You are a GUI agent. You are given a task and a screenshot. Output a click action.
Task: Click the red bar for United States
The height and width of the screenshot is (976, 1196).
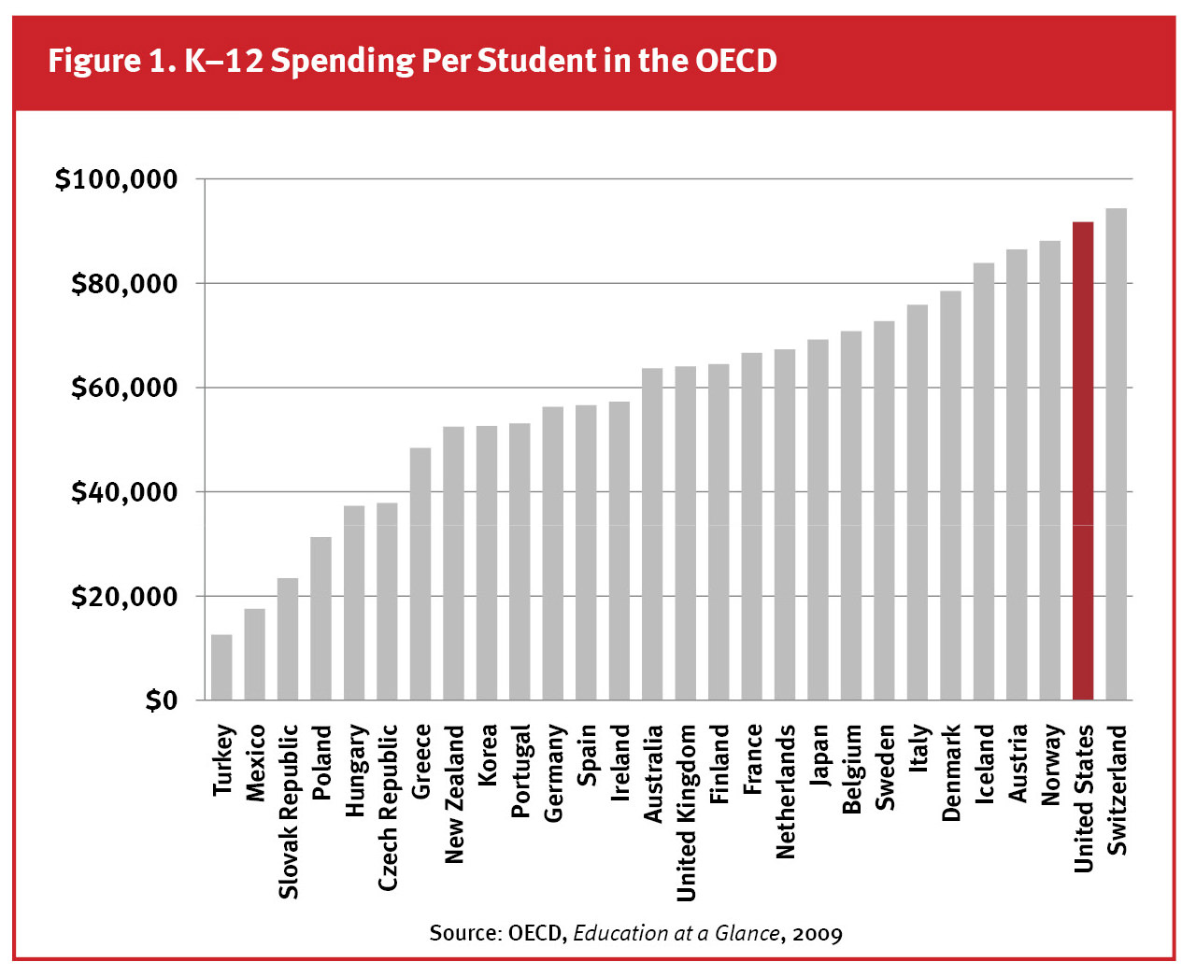(1082, 461)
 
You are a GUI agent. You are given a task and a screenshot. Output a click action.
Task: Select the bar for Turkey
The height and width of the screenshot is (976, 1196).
(221, 668)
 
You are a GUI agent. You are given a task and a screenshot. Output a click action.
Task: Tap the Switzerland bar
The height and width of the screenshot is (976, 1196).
(1116, 454)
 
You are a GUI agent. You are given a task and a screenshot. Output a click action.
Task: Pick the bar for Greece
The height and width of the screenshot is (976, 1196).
(420, 574)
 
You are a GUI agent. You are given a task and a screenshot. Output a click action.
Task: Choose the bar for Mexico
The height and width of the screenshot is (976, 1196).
(254, 655)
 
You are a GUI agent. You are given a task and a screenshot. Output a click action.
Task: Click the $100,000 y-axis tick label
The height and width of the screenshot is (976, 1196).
(116, 178)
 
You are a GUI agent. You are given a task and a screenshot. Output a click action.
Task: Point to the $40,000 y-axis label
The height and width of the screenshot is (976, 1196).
(124, 491)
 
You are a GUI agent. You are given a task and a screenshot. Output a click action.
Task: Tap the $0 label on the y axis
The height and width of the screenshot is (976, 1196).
(161, 700)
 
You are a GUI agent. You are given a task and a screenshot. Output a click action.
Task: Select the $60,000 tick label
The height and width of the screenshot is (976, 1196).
(124, 387)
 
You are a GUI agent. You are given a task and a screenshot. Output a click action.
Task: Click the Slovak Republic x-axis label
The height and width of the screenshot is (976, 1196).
(289, 811)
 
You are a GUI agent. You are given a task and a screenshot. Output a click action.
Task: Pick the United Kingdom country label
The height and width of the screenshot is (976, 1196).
(686, 813)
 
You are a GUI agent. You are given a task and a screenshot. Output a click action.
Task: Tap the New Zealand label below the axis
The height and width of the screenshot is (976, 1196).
(454, 794)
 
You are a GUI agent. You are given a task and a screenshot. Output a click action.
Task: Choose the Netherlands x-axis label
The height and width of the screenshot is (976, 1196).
(785, 791)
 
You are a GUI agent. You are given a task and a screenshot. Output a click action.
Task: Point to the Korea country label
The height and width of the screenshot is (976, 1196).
(487, 755)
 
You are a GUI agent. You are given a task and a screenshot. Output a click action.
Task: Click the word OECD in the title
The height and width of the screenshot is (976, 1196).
(735, 61)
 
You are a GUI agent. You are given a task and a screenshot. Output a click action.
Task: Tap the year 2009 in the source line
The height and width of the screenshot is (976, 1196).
(817, 934)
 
